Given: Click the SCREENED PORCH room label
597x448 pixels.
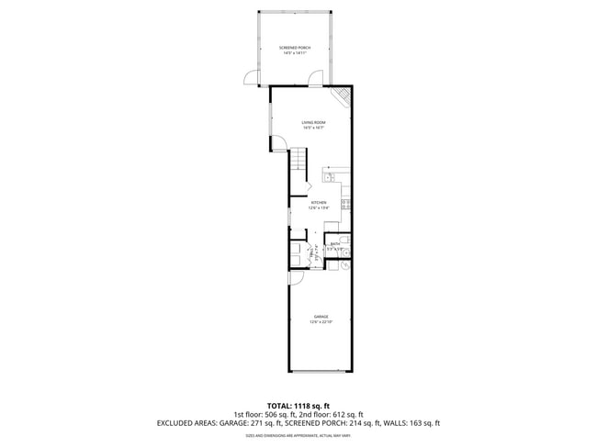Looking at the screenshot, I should (295, 47).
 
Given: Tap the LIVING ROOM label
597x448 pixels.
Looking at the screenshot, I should (314, 122).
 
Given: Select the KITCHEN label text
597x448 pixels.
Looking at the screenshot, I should (319, 202).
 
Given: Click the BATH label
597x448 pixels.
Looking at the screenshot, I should (335, 243).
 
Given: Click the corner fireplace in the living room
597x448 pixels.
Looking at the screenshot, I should (343, 95).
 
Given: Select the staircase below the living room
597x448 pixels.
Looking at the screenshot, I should (300, 171).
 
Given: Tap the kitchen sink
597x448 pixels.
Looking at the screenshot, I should (333, 174).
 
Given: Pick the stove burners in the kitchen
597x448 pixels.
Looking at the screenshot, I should (346, 205).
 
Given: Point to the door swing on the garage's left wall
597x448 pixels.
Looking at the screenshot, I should (295, 278).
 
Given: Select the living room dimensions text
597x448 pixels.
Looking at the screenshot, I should (314, 129).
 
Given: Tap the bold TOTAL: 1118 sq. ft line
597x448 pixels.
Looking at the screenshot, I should (298, 405).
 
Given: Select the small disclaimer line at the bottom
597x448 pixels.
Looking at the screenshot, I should (298, 435).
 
